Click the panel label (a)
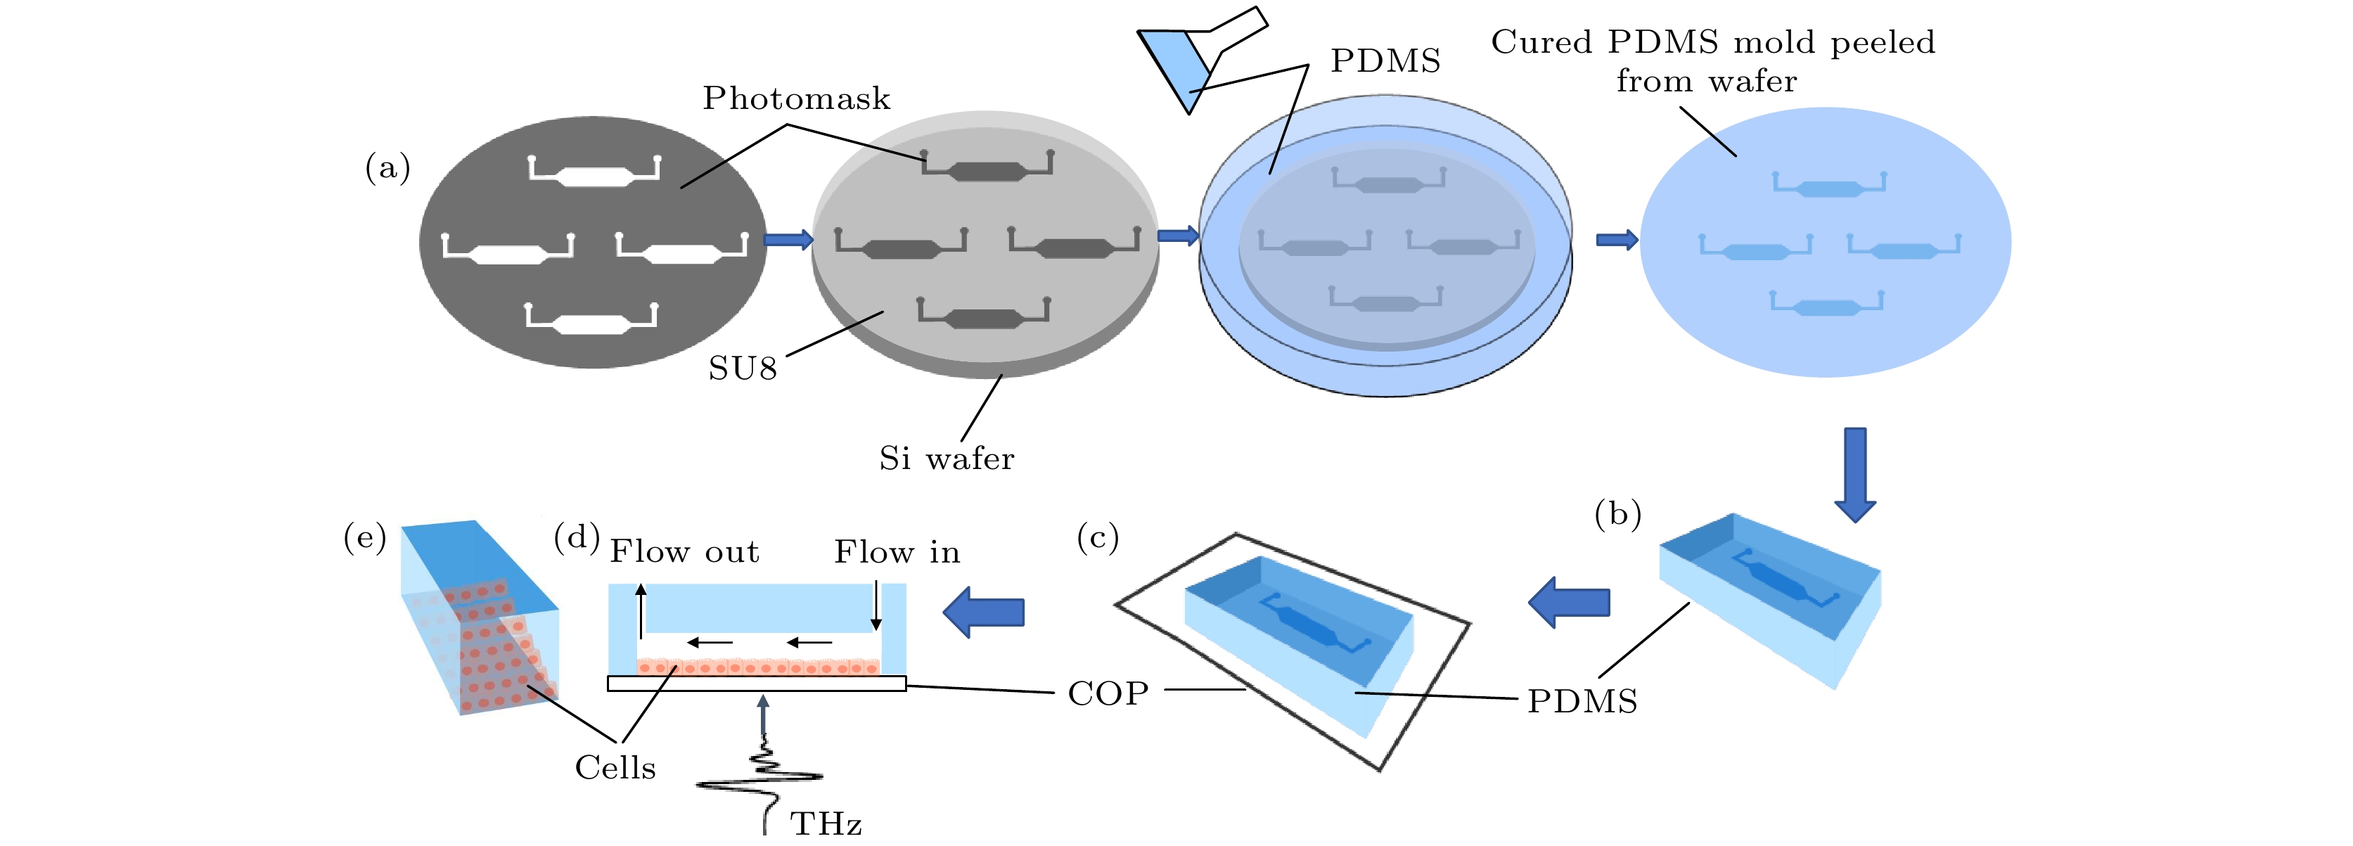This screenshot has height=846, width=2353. [387, 168]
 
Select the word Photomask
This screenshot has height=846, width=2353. [795, 98]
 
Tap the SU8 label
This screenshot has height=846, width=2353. [743, 369]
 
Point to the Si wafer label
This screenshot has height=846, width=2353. [947, 459]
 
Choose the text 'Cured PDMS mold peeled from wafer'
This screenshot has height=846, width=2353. [1712, 61]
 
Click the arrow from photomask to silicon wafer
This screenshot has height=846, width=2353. [788, 241]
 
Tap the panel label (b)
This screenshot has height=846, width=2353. [1617, 514]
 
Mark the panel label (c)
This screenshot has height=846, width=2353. [1097, 537]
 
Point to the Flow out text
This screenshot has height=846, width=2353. [684, 552]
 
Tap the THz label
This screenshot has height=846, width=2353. [826, 824]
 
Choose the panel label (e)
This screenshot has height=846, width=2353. [364, 537]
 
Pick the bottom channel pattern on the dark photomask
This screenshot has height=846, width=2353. [591, 318]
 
